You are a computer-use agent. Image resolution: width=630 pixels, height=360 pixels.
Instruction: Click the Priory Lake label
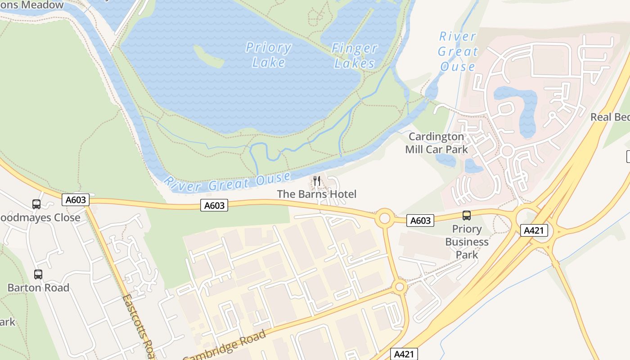click(269, 54)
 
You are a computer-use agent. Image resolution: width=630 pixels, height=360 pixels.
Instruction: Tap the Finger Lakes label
click(355, 55)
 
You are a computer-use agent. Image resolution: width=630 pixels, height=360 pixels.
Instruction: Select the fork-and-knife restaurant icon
click(317, 181)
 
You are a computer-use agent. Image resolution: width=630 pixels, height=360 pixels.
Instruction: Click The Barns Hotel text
click(317, 194)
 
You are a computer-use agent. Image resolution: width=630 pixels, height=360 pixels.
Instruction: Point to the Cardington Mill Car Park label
click(436, 143)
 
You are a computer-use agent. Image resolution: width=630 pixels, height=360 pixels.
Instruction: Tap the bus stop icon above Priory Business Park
click(467, 216)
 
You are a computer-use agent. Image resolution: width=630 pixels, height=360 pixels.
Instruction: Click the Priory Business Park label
click(467, 242)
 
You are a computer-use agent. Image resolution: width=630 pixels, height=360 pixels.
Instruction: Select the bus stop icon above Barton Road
click(38, 274)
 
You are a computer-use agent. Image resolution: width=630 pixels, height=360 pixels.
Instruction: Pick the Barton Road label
click(38, 288)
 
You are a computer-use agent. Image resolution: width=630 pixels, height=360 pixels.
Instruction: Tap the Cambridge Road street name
click(225, 346)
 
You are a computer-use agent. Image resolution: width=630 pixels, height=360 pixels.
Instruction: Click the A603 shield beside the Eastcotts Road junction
click(76, 200)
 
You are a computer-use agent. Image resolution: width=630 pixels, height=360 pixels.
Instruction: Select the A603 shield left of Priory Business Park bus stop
click(420, 220)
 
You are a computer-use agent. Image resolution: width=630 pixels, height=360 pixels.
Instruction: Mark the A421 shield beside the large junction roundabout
click(535, 231)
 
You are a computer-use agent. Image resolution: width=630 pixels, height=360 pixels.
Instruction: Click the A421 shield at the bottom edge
click(403, 354)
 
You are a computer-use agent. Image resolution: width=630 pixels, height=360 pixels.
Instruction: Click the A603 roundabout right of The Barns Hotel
click(385, 218)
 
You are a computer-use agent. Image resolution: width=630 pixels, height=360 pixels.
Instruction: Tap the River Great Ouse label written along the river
click(227, 182)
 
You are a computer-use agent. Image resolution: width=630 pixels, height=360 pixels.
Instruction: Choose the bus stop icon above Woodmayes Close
click(36, 204)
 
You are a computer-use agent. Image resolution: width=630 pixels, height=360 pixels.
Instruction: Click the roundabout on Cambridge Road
click(400, 286)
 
